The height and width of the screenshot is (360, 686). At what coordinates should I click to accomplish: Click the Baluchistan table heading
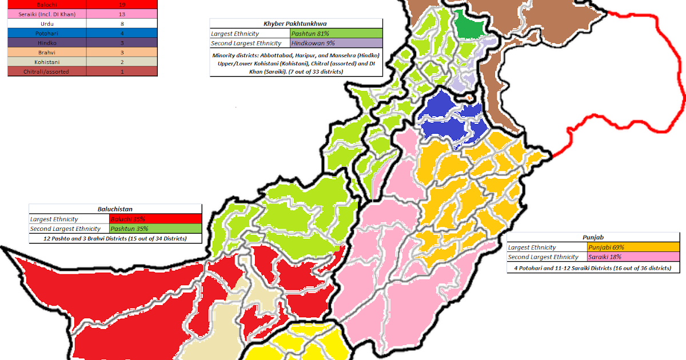(x=115, y=209)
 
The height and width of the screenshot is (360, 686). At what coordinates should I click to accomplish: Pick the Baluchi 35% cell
(x=155, y=219)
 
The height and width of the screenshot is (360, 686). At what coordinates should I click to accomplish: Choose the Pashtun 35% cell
(x=155, y=229)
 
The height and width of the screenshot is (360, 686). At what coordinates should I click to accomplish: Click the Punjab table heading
(x=592, y=238)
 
